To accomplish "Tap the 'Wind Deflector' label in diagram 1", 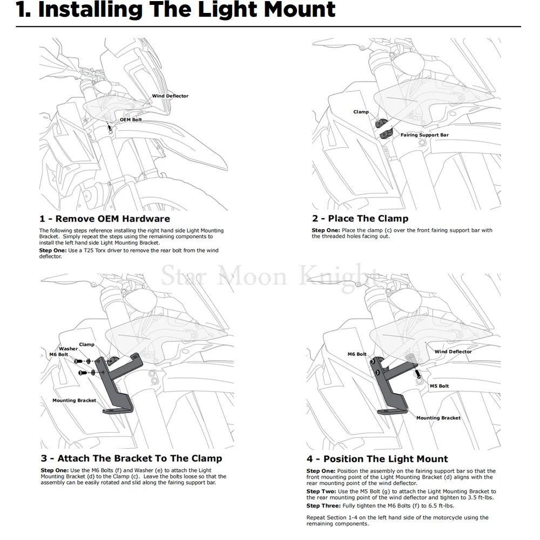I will pos(170,96).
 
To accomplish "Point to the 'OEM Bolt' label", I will pos(131,119).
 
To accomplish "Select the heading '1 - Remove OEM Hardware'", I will pos(105,219).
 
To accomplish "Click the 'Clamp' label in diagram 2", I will pos(361,112).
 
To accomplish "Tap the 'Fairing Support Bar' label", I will pos(424,135).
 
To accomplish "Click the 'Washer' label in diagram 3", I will pos(69,349).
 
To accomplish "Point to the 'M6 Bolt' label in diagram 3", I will pos(59,354).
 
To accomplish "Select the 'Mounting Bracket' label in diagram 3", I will pos(74,401).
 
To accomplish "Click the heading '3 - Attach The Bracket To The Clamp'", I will pos(131,458).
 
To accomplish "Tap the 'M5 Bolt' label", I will pos(439,386).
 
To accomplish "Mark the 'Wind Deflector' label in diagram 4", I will pos(453,352).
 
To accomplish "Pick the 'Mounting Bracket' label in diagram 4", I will pos(438,418).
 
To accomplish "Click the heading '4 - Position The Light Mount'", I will pos(377,459).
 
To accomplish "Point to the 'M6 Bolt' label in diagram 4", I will pos(357,354).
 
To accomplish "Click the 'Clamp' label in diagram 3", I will pos(86,345).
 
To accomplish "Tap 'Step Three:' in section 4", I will pos(323,505).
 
